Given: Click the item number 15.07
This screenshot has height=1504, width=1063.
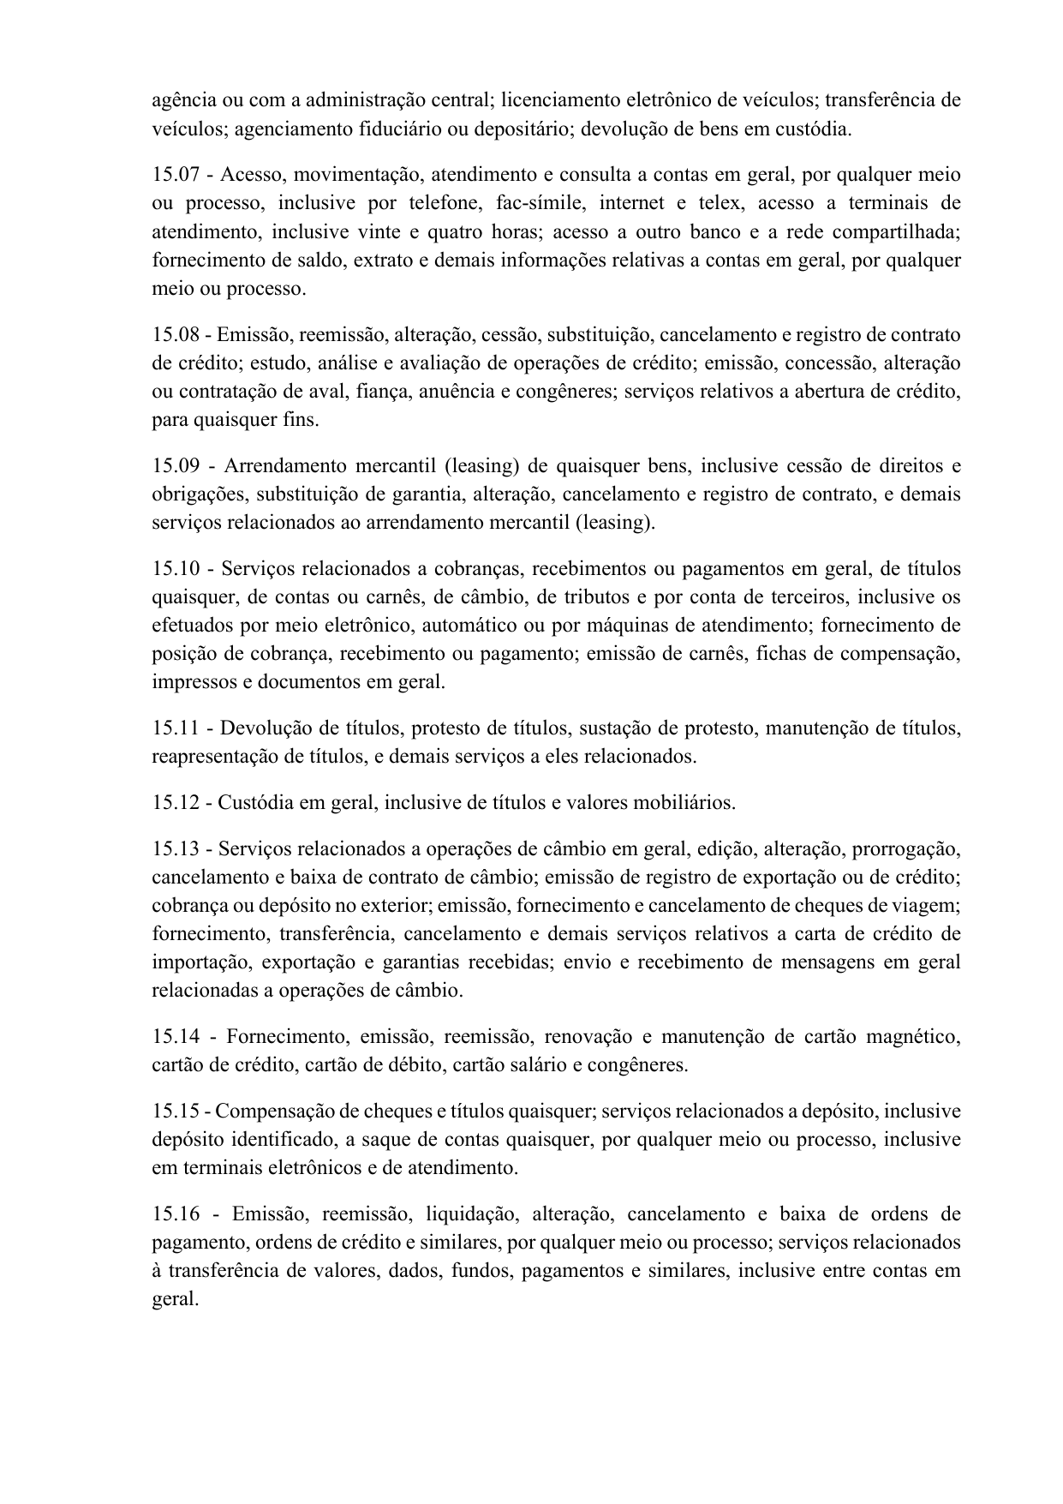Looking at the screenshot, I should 175,175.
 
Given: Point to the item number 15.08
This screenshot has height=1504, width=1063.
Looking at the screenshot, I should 175,334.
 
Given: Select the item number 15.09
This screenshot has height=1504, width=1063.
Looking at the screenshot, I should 175,466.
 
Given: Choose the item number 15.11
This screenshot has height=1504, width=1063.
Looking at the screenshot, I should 175,728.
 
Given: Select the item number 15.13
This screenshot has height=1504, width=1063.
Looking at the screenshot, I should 175,848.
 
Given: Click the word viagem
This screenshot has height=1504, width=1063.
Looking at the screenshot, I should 929,905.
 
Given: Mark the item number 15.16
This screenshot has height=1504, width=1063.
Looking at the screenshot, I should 175,1214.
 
